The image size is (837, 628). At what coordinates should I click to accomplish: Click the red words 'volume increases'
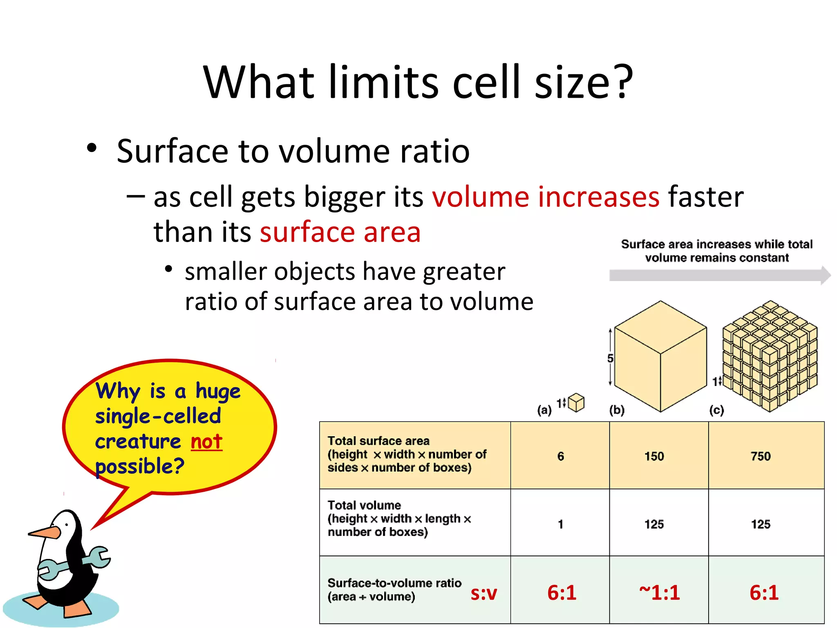(546, 197)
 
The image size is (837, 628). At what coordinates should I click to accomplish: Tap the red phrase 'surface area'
(340, 232)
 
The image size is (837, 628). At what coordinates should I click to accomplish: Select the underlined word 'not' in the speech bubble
(206, 442)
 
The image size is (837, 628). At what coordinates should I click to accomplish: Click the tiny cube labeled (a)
(576, 403)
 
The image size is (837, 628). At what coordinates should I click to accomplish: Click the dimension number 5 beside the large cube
(610, 359)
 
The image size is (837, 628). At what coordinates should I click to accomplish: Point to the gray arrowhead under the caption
(825, 275)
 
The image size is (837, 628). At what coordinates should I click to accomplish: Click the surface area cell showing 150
(654, 456)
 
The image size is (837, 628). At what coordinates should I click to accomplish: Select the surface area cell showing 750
(761, 456)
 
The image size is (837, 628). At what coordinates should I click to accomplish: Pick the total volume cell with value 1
(560, 524)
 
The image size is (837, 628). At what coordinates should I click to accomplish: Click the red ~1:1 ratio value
(659, 592)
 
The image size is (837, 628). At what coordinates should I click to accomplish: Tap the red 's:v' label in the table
(483, 593)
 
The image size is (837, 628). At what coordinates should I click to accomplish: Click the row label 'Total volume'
(364, 505)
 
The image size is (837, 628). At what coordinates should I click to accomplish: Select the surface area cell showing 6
(560, 456)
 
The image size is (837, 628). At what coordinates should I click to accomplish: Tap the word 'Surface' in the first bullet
(172, 151)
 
